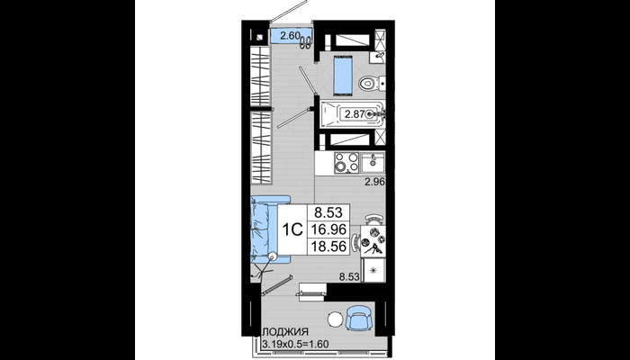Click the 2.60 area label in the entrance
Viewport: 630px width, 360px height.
[x=290, y=35]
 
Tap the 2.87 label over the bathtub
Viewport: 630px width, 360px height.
[x=355, y=114]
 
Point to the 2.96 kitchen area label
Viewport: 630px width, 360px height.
[x=375, y=182]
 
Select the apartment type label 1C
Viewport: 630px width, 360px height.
[x=292, y=229]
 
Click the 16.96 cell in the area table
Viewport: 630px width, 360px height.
[x=329, y=229]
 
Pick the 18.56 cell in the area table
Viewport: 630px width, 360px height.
[x=329, y=247]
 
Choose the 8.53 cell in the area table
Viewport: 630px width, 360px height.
[x=329, y=211]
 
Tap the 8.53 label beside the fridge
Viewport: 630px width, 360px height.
[x=350, y=276]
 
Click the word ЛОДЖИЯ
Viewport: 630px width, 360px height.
[x=285, y=332]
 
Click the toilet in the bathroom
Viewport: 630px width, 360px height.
[x=372, y=84]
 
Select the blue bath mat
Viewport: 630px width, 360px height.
[x=343, y=74]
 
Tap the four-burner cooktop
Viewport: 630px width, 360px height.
[x=346, y=162]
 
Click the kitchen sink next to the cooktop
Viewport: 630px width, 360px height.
[x=373, y=162]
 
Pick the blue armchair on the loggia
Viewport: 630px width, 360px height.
[x=358, y=318]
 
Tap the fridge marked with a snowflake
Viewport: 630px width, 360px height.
[x=373, y=270]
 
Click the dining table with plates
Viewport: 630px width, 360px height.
[x=373, y=240]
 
